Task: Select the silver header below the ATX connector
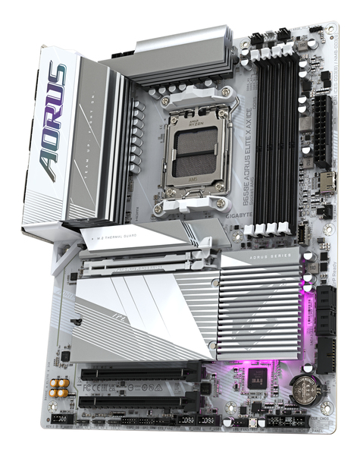click(324, 181)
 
